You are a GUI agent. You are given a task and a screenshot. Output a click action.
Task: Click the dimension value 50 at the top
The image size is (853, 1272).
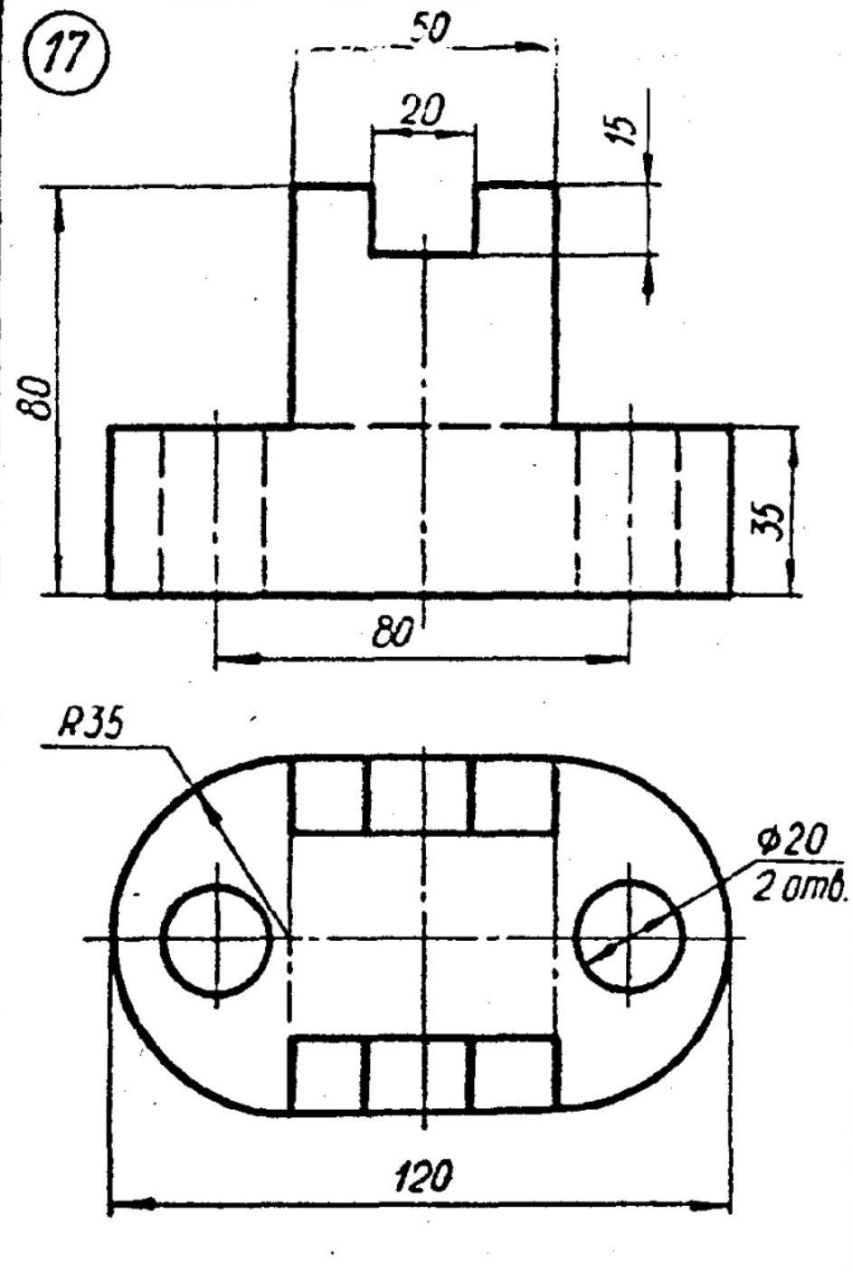pyautogui.click(x=430, y=27)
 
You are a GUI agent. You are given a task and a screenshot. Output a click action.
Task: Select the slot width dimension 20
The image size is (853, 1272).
pyautogui.click(x=421, y=109)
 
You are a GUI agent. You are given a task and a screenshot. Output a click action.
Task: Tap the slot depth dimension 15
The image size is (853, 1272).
pyautogui.click(x=622, y=130)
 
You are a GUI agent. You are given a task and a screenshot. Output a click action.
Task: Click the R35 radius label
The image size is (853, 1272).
pyautogui.click(x=90, y=723)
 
